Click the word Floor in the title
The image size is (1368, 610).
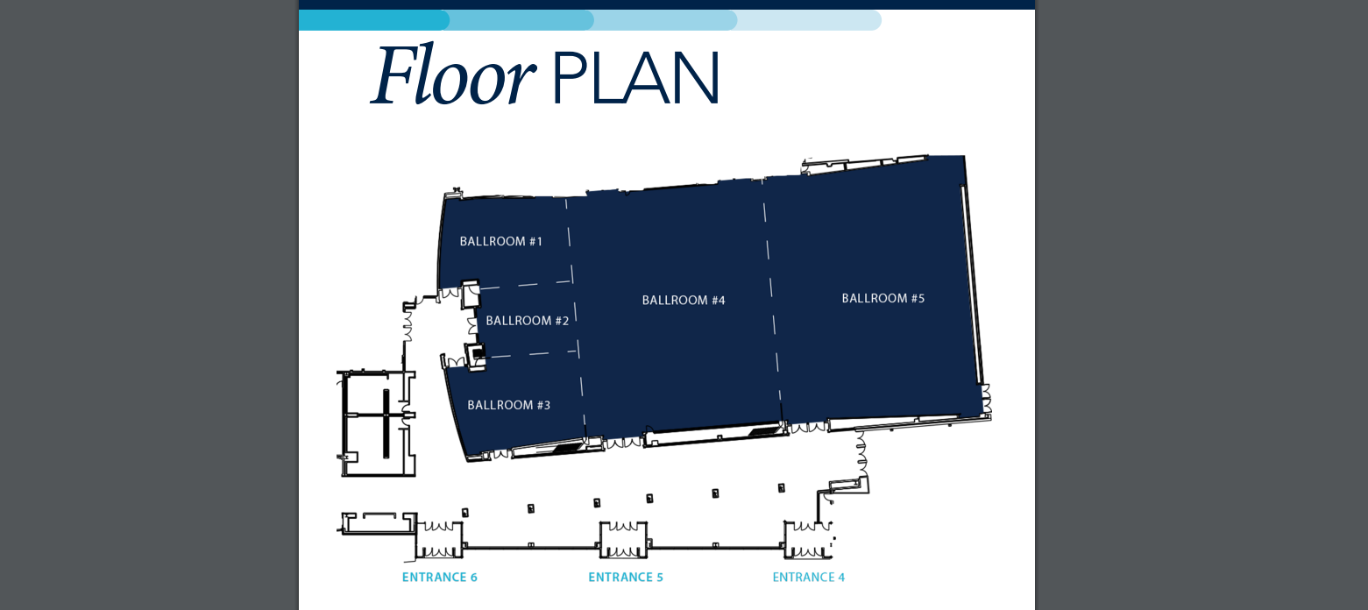[453, 74]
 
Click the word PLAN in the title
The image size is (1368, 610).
[635, 77]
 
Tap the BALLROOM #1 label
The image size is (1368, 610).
[500, 241]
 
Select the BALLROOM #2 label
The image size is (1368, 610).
[527, 321]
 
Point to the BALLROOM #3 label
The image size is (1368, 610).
[508, 405]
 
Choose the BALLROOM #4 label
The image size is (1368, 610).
[684, 300]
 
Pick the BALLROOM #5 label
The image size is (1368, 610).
[883, 298]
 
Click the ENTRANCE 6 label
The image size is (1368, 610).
[440, 577]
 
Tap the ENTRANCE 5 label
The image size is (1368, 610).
[626, 577]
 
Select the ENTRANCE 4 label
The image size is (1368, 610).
[809, 577]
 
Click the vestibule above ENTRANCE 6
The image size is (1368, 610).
[439, 540]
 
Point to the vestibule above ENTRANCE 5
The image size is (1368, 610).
[624, 540]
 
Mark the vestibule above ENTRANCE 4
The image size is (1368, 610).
[808, 540]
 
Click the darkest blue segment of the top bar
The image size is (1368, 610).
[373, 20]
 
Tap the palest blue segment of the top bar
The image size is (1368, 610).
[809, 20]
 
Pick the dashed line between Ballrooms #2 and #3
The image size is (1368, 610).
[533, 353]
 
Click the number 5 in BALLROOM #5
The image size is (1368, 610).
[922, 298]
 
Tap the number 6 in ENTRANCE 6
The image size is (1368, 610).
[474, 577]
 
